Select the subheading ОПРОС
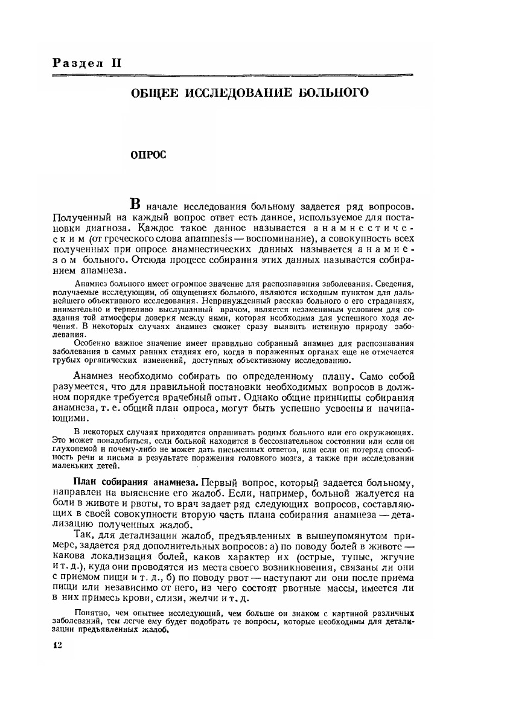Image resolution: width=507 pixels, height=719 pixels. click(148, 155)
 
